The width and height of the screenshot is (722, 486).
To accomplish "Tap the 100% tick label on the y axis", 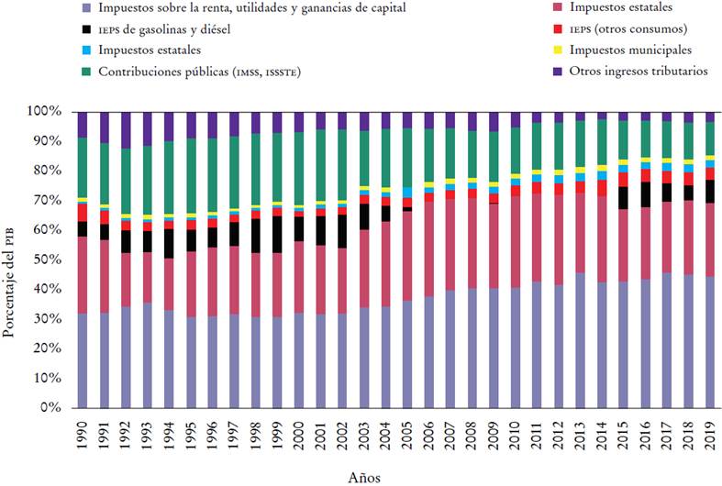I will point(44,111).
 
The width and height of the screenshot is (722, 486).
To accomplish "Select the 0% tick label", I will point(51,407).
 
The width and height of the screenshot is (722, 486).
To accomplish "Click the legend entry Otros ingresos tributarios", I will point(639,72).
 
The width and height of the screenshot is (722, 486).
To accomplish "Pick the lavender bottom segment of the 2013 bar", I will point(579,339).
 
